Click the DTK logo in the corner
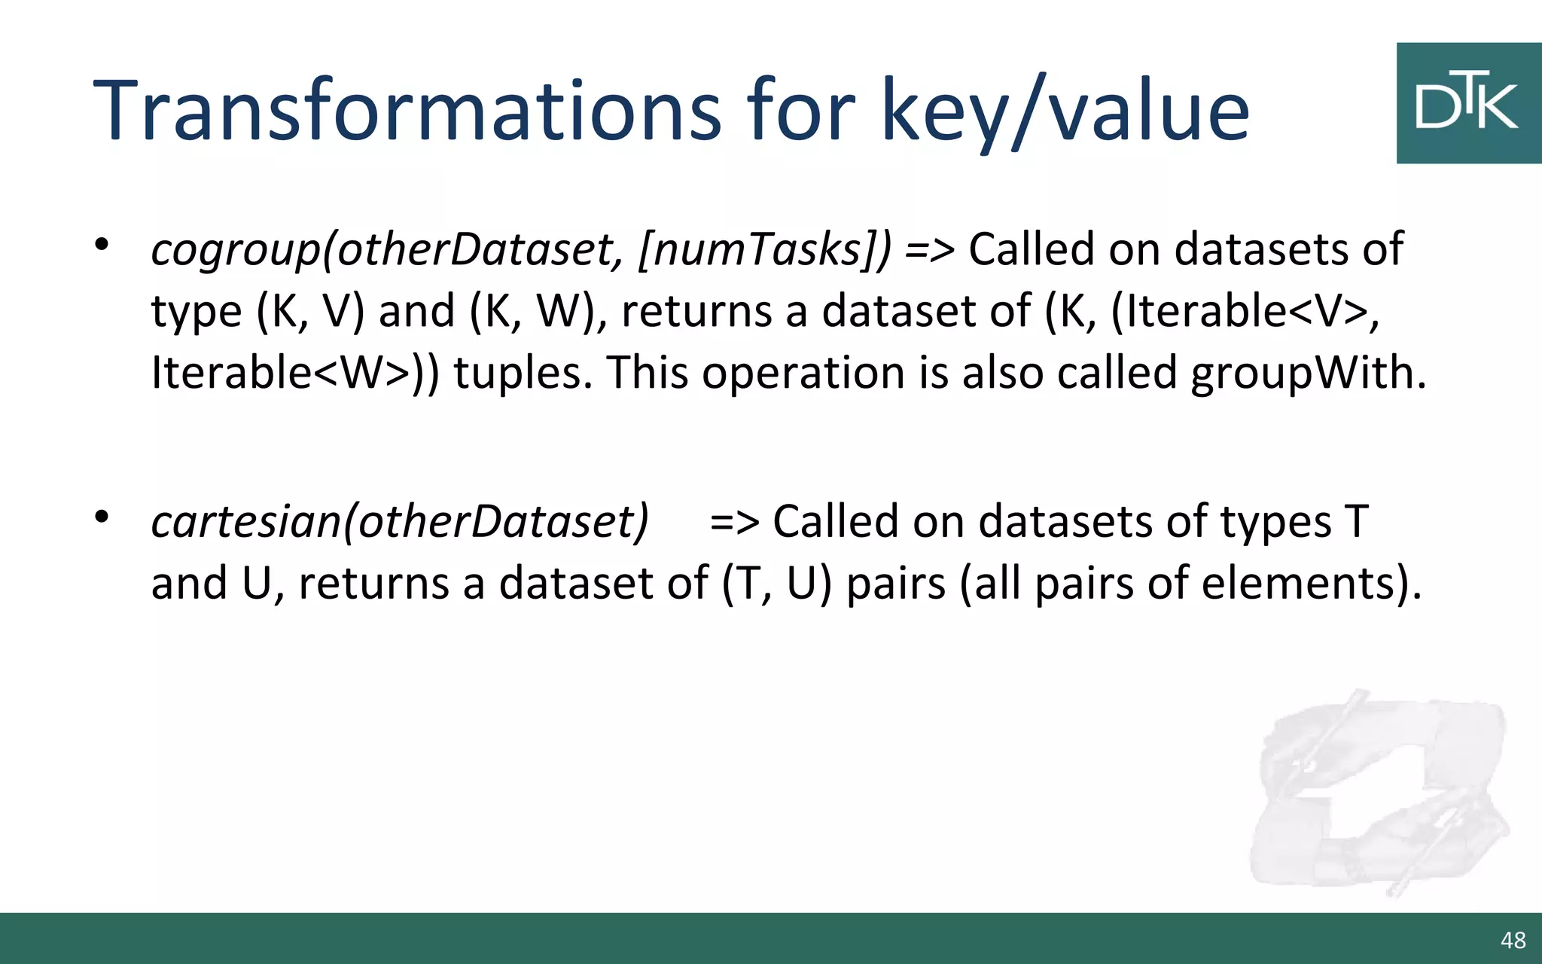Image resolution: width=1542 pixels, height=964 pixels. coord(1467,103)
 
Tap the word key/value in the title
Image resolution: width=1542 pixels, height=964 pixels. coord(1065,111)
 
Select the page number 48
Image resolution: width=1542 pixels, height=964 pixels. coord(1513,940)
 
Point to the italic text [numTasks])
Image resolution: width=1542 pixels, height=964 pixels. coord(763,250)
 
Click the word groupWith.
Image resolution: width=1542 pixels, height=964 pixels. coord(1308,373)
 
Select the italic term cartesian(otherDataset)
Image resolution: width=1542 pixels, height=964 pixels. coord(400,521)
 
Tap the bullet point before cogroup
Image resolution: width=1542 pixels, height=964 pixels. coord(102,245)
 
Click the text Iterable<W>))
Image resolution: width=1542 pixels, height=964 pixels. coord(294,373)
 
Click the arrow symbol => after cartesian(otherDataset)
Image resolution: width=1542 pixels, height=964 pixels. coord(734,521)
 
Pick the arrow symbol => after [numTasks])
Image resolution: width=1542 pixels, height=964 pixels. coord(930,250)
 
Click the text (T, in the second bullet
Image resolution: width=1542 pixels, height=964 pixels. coord(748,584)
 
